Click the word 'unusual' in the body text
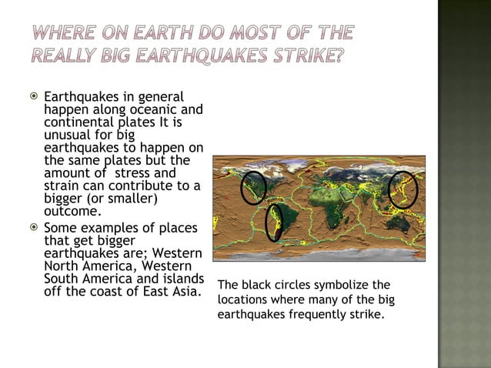click(68, 135)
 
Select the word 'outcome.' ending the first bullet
click(72, 211)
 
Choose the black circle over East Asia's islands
click(402, 189)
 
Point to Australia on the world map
click(397, 223)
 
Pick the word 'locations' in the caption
click(242, 299)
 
